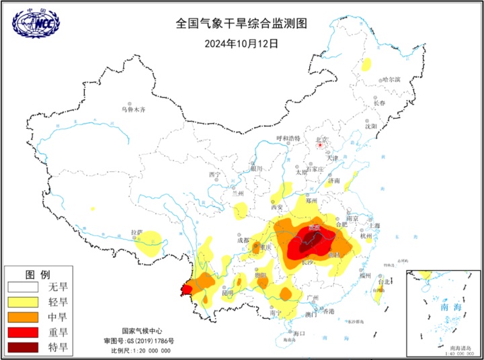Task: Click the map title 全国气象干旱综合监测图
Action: click(241, 23)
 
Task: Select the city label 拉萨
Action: click(136, 232)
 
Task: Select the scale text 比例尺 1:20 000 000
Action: click(142, 351)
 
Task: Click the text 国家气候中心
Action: click(142, 331)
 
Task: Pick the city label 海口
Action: click(299, 333)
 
